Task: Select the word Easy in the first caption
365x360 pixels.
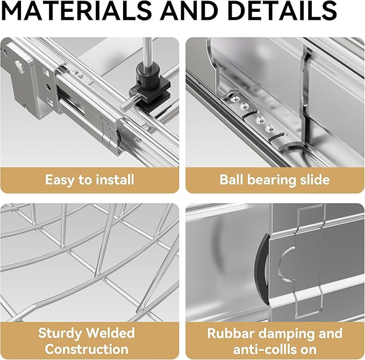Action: (x=59, y=180)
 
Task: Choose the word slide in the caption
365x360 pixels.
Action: (x=314, y=180)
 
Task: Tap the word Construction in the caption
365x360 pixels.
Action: (x=87, y=349)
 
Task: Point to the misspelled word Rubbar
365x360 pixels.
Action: (x=231, y=333)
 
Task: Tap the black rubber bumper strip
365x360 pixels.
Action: (x=262, y=270)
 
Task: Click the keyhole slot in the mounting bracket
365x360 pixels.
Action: (x=19, y=66)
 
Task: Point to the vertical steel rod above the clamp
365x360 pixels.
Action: (x=147, y=51)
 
